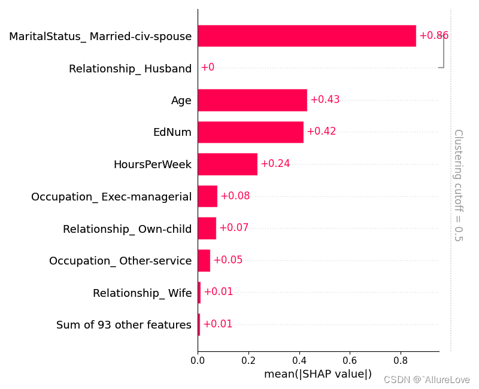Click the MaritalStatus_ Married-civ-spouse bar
tap(307, 36)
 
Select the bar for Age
tap(252, 100)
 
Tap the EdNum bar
tap(250, 132)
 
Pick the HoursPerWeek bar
tap(228, 164)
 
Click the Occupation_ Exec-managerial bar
tap(207, 196)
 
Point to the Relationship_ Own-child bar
tap(207, 228)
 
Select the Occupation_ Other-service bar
tap(204, 260)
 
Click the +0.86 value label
tap(433, 36)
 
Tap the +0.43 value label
tap(325, 100)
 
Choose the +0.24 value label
tap(275, 164)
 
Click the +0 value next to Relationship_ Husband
tap(207, 68)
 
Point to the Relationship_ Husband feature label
tap(130, 69)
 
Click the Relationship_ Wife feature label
tap(142, 293)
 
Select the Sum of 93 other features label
tap(124, 325)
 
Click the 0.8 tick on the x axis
tap(401, 361)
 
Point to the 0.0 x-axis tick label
tap(198, 361)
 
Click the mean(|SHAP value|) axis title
tap(318, 375)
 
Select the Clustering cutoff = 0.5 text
tap(457, 185)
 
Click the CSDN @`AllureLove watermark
tap(426, 380)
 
